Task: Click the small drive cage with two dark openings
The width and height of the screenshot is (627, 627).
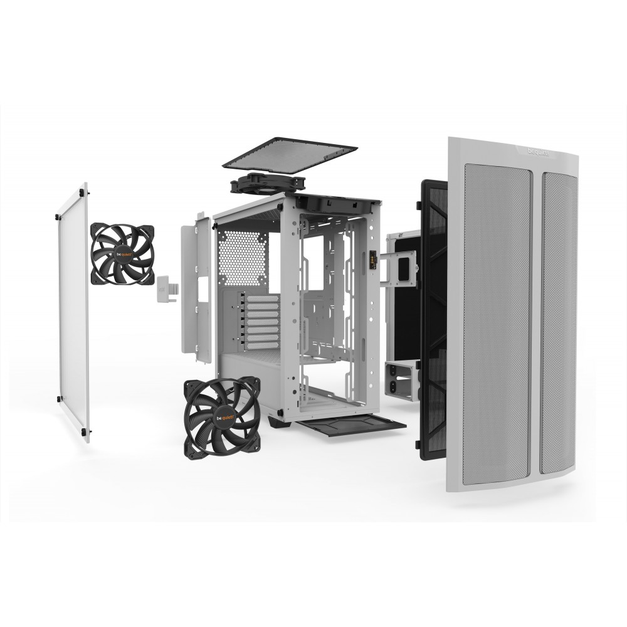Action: tap(401, 380)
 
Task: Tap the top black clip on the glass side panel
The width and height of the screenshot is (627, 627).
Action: tap(85, 189)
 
